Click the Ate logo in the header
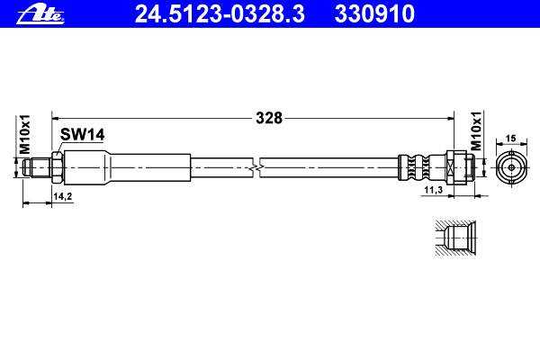click(40, 15)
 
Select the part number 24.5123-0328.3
click(220, 14)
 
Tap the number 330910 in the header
click(374, 14)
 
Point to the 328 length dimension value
click(269, 118)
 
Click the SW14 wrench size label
click(82, 134)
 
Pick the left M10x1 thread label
click(25, 134)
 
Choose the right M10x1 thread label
click(476, 130)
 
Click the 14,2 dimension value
click(63, 196)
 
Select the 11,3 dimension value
click(433, 190)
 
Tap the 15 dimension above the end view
click(511, 138)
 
